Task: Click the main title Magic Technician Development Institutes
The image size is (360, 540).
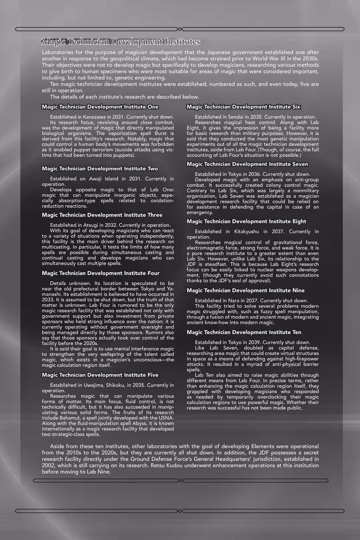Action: click(121, 42)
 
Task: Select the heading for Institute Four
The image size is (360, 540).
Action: click(101, 273)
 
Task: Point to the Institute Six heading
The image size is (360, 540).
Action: click(243, 107)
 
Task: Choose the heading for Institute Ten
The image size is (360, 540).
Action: click(244, 332)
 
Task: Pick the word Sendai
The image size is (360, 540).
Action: click(236, 117)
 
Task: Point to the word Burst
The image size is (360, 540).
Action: click(160, 133)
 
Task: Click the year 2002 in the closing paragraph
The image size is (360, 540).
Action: click(49, 465)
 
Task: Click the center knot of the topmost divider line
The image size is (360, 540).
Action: click(180, 29)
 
